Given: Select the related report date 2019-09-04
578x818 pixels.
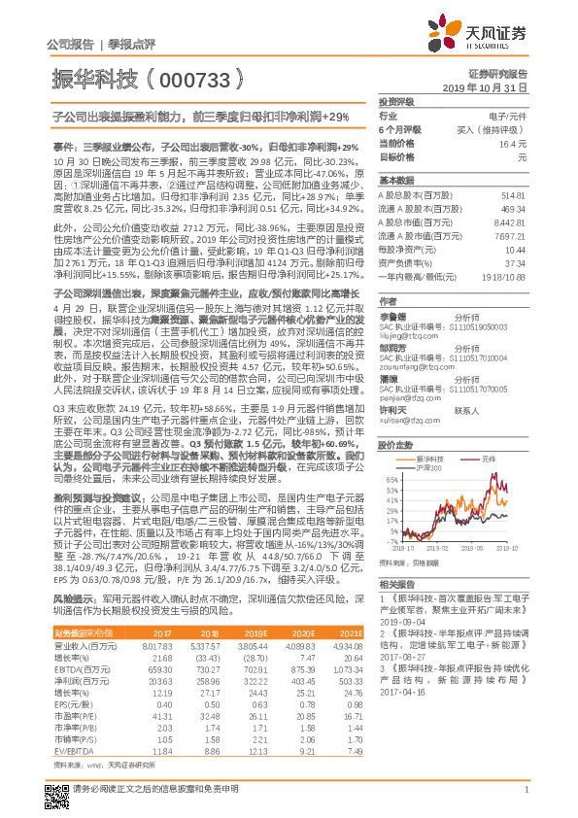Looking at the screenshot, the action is pos(400,620).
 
